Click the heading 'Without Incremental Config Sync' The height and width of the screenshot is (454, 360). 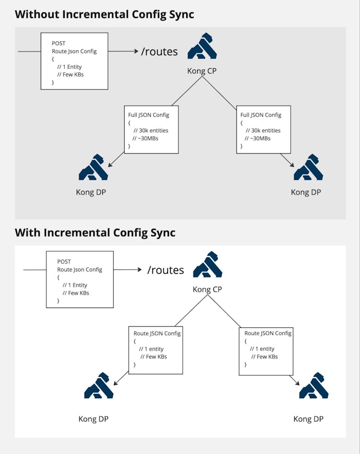coord(104,14)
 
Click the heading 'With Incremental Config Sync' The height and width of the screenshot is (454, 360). coord(95,232)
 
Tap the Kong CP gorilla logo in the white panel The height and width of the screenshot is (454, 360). coord(208,264)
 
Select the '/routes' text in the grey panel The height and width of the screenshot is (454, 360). coord(160,52)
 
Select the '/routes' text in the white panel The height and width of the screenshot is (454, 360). coord(165,270)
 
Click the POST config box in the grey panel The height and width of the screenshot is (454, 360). coord(75,61)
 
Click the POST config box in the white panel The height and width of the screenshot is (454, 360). coord(80,279)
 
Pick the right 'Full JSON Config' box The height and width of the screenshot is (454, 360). coord(264,130)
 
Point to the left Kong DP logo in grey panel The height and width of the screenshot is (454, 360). coord(93,167)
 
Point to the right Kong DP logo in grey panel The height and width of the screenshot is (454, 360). coord(308,167)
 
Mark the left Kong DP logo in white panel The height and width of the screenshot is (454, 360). coord(99,386)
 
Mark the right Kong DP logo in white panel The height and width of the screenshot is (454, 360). coord(314,386)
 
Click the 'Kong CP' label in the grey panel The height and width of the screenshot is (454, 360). coord(202,71)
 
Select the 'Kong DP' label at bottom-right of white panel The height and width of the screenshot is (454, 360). coord(308,419)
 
